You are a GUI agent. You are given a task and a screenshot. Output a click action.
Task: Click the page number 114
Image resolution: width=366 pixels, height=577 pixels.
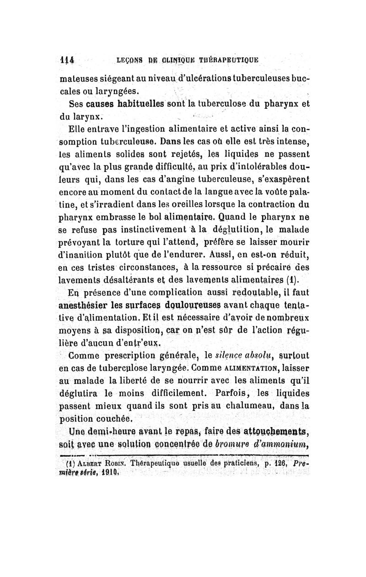click(68, 59)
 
